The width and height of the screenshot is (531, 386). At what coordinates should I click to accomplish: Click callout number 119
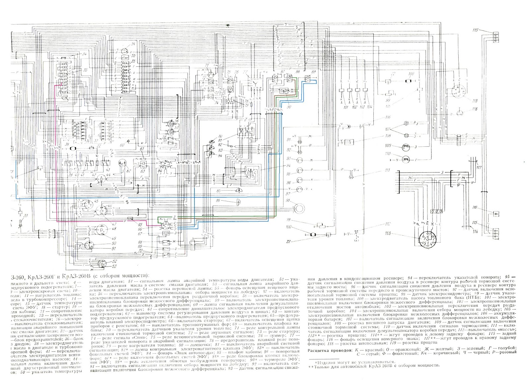click(x=475, y=101)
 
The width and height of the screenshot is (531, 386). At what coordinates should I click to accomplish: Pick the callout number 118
click(x=475, y=109)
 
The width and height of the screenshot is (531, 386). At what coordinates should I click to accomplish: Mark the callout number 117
click(x=479, y=168)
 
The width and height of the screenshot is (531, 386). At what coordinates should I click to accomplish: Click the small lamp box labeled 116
click(x=496, y=214)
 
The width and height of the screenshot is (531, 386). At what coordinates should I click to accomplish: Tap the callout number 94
click(x=289, y=166)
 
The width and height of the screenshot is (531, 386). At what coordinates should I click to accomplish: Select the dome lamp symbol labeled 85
click(x=238, y=191)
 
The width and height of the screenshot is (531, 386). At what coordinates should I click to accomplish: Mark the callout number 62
click(x=128, y=171)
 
